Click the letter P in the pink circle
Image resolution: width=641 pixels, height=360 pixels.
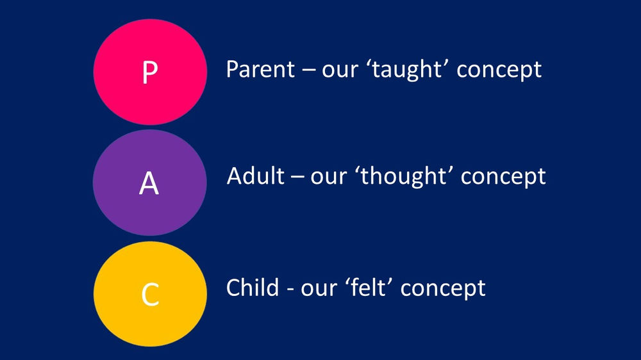click(x=149, y=72)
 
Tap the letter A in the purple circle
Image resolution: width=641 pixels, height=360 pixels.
click(x=149, y=183)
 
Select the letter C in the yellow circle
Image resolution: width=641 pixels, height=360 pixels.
click(x=149, y=294)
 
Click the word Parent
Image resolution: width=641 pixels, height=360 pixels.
click(x=258, y=69)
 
